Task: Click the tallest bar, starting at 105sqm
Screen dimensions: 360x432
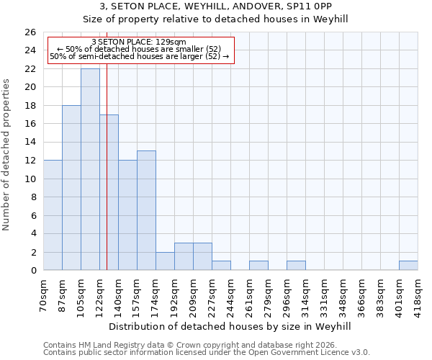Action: pyautogui.click(x=90, y=169)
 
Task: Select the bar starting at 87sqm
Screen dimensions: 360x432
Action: pyautogui.click(x=71, y=187)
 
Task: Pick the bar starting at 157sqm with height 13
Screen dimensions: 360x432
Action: pyautogui.click(x=146, y=210)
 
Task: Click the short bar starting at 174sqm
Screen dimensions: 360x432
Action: pyautogui.click(x=165, y=261)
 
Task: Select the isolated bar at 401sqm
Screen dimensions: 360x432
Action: pyautogui.click(x=408, y=265)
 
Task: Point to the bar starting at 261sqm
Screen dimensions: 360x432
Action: pyautogui.click(x=258, y=265)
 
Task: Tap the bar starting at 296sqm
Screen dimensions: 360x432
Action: pyautogui.click(x=296, y=265)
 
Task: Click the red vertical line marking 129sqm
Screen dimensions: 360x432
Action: pyautogui.click(x=107, y=180)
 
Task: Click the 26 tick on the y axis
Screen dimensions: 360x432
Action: pyautogui.click(x=30, y=32)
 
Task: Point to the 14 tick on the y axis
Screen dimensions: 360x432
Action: pyautogui.click(x=30, y=142)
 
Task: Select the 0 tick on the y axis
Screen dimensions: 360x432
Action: pyautogui.click(x=33, y=270)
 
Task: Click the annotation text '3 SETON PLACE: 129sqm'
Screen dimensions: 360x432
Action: pyautogui.click(x=140, y=42)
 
